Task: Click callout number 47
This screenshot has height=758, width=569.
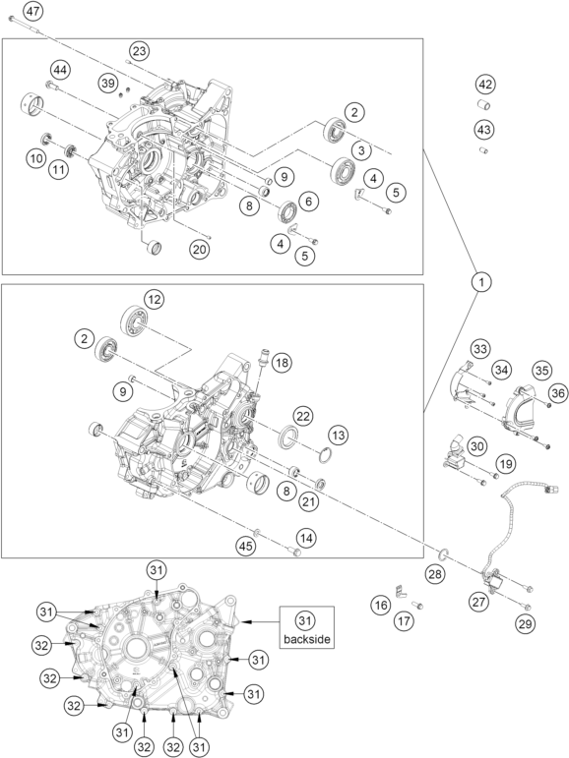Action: pyautogui.click(x=33, y=11)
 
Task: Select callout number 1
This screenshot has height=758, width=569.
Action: pyautogui.click(x=480, y=281)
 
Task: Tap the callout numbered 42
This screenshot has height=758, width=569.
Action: pyautogui.click(x=485, y=85)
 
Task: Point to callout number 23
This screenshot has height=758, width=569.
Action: pyautogui.click(x=139, y=51)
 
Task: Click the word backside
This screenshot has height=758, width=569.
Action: pyautogui.click(x=307, y=639)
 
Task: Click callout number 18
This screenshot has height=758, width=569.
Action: pyautogui.click(x=282, y=362)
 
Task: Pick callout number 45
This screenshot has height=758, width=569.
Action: pyautogui.click(x=245, y=547)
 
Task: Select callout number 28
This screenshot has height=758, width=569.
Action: pyautogui.click(x=435, y=574)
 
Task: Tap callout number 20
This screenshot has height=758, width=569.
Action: pyautogui.click(x=200, y=250)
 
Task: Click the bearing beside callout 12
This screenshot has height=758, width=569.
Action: pyautogui.click(x=133, y=321)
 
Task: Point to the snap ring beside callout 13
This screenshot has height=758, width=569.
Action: pyautogui.click(x=327, y=455)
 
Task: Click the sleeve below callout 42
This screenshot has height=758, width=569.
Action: pyautogui.click(x=483, y=105)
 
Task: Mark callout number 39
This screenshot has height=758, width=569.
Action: pyautogui.click(x=108, y=83)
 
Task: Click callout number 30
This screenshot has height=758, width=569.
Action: pyautogui.click(x=477, y=445)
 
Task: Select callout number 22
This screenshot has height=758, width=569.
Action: pyautogui.click(x=303, y=416)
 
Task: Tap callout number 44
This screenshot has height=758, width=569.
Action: pyautogui.click(x=60, y=70)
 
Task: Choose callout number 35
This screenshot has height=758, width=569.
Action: pyautogui.click(x=541, y=371)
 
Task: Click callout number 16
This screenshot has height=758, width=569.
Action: pyautogui.click(x=381, y=605)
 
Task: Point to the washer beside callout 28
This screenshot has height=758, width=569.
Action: pyautogui.click(x=444, y=553)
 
